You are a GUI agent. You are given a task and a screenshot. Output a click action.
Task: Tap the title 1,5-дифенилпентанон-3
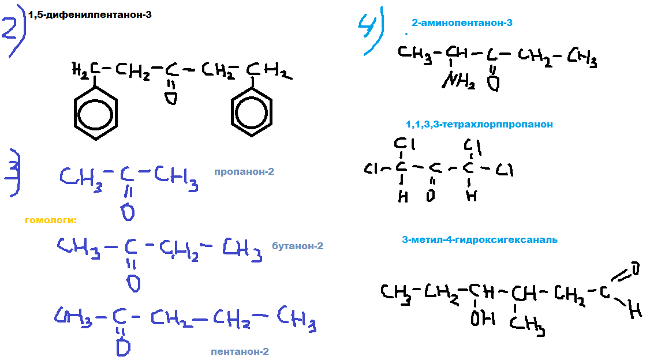[90, 14]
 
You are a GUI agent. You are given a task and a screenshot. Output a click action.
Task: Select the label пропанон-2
[244, 172]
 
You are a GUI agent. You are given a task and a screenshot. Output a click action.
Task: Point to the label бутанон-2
[297, 246]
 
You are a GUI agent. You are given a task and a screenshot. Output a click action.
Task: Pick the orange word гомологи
[51, 220]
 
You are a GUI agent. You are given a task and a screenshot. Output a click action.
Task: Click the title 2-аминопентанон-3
[462, 23]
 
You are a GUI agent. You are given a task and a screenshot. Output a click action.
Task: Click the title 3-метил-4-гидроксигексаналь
[480, 239]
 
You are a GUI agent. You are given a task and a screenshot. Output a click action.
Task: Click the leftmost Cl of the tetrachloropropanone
[371, 169]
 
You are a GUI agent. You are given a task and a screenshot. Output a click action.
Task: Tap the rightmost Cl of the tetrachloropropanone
[504, 170]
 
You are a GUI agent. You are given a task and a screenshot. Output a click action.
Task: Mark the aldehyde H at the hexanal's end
[635, 312]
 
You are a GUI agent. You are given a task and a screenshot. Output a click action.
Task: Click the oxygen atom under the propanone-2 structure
[129, 212]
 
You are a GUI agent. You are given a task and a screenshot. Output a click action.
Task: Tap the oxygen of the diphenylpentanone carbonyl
[170, 99]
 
